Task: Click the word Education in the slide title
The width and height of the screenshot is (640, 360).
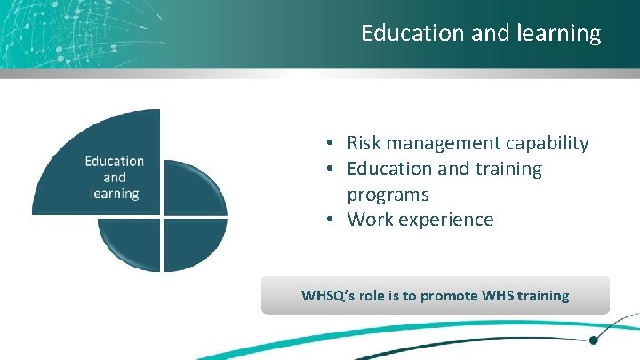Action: tap(403, 34)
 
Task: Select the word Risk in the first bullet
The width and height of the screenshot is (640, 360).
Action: tap(362, 143)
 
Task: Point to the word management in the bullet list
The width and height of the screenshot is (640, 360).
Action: tap(436, 143)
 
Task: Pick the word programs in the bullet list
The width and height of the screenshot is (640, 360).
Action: tap(388, 194)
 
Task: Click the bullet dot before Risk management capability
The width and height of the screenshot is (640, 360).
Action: tap(329, 144)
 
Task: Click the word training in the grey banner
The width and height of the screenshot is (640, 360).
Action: tap(540, 296)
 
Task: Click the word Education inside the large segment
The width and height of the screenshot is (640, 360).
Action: tap(115, 161)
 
